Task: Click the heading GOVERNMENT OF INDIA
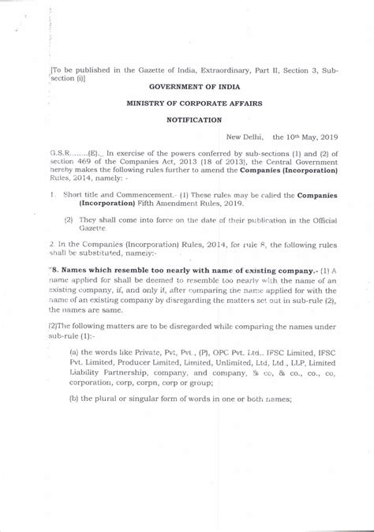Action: pyautogui.click(x=193, y=89)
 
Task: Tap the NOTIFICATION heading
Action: pyautogui.click(x=193, y=119)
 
